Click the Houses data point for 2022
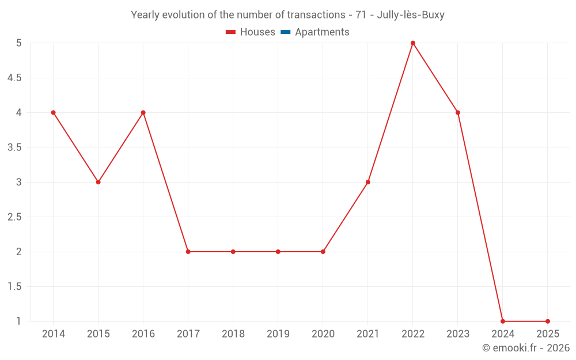click(x=413, y=43)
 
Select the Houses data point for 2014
click(x=54, y=112)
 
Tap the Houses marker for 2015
click(x=98, y=182)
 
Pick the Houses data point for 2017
click(x=188, y=252)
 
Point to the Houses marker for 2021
click(x=368, y=182)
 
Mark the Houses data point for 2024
click(x=503, y=321)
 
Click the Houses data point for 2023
click(x=458, y=112)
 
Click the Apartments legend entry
click(x=322, y=32)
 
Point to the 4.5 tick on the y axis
click(x=14, y=78)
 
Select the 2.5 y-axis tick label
click(x=14, y=217)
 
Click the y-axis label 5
click(x=19, y=43)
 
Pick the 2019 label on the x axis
click(x=278, y=334)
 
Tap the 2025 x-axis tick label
click(x=548, y=334)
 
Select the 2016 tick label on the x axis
click(x=143, y=334)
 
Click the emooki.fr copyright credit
click(x=526, y=348)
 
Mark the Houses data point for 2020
click(x=323, y=252)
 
